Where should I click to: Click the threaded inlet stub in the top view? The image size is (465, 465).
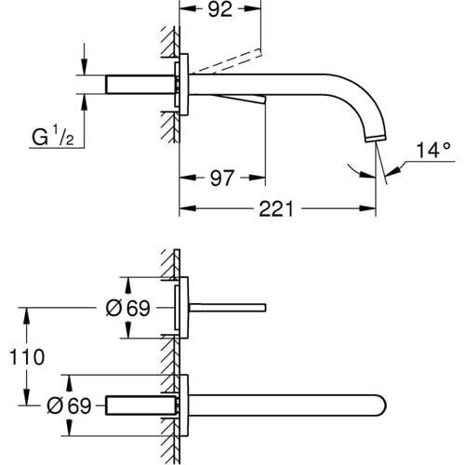[x=139, y=85]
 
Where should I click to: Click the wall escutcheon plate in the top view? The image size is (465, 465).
[x=186, y=85]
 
